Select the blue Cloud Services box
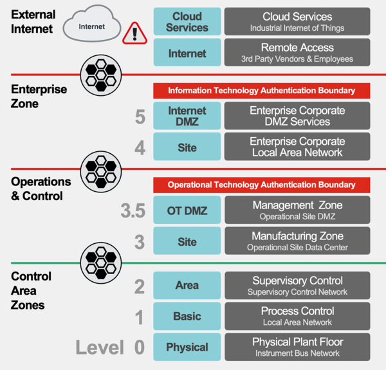187,22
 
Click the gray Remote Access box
297,53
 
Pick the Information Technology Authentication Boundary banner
262,91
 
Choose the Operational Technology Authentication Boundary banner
262,185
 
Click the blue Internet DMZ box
187,116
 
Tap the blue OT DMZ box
187,210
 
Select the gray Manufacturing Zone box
297,241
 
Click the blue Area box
187,285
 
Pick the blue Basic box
187,316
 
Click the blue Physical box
187,347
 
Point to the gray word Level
99,347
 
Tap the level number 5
140,117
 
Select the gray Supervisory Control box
297,285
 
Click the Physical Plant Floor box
297,347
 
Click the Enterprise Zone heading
39,96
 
